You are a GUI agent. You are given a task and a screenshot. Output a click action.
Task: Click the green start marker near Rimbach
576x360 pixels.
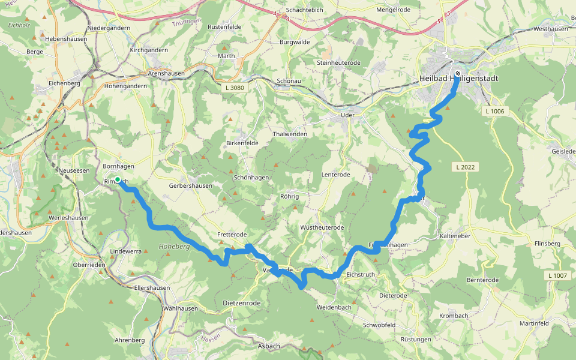click(118, 180)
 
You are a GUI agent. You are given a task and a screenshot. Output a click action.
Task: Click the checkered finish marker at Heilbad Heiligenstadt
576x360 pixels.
click(458, 73)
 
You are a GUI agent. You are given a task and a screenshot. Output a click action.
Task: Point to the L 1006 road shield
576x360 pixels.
click(496, 111)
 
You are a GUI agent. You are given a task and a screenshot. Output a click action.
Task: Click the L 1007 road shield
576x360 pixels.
click(557, 275)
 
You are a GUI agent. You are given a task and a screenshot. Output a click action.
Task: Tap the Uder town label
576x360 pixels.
click(347, 115)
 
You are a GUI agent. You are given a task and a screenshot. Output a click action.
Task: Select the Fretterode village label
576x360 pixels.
click(232, 235)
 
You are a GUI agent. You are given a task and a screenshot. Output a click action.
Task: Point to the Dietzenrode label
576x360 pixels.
click(241, 303)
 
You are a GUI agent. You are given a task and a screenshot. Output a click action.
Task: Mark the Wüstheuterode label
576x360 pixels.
click(322, 228)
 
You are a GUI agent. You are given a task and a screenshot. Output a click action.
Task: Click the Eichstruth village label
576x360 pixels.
click(361, 274)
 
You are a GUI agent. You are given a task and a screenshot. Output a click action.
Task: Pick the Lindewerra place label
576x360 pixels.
click(126, 251)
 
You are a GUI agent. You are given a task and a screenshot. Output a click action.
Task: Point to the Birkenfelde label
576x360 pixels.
click(242, 143)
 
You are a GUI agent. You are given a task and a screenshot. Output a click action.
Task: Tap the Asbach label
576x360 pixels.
click(269, 346)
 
